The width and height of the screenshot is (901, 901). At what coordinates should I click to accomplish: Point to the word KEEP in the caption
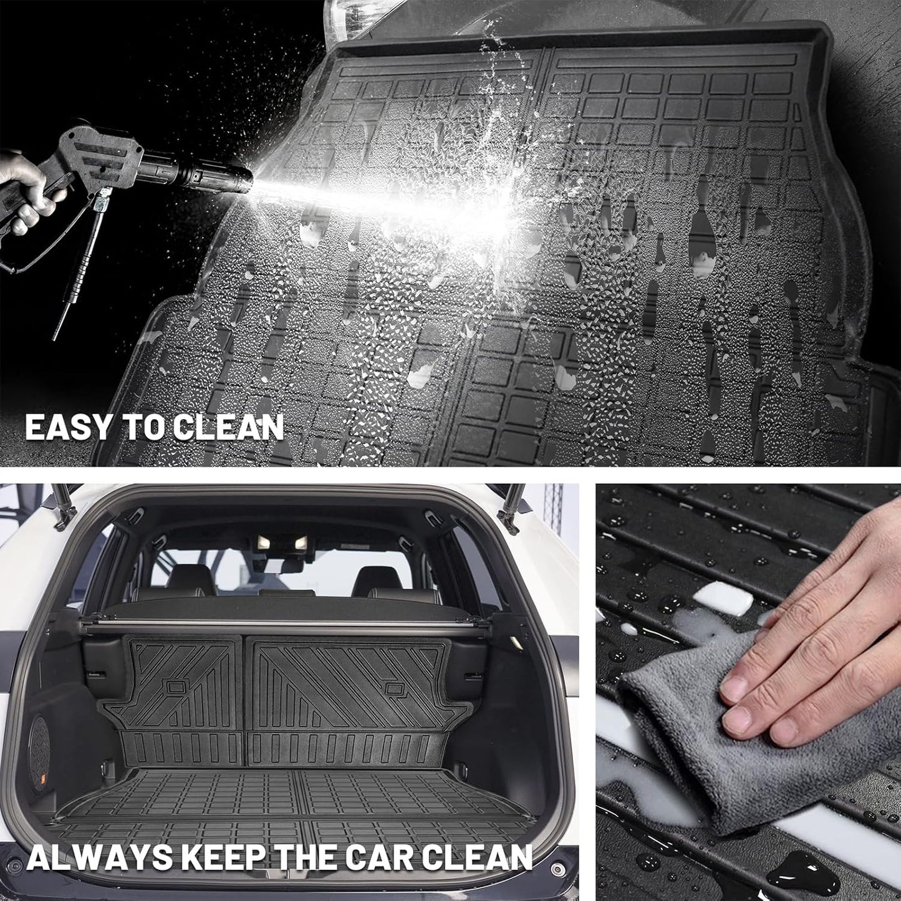pyautogui.click(x=219, y=857)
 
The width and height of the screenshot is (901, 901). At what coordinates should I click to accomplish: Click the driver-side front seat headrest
pyautogui.click(x=190, y=577)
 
